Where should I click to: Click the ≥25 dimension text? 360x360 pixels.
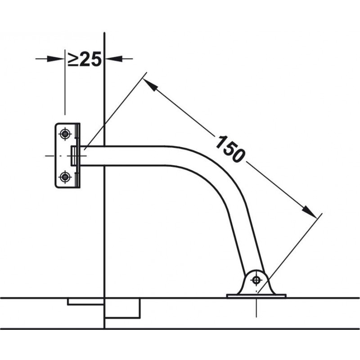pyautogui.click(x=85, y=59)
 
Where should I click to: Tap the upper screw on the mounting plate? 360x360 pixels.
pyautogui.click(x=65, y=134)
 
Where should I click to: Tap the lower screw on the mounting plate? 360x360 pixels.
pyautogui.click(x=65, y=177)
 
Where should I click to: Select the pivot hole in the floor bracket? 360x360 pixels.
pyautogui.click(x=256, y=280)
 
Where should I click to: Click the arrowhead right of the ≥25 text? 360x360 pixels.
pyautogui.click(x=114, y=59)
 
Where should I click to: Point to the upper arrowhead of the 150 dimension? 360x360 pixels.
pyautogui.click(x=150, y=85)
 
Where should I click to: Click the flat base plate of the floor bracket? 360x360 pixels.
pyautogui.click(x=256, y=296)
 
